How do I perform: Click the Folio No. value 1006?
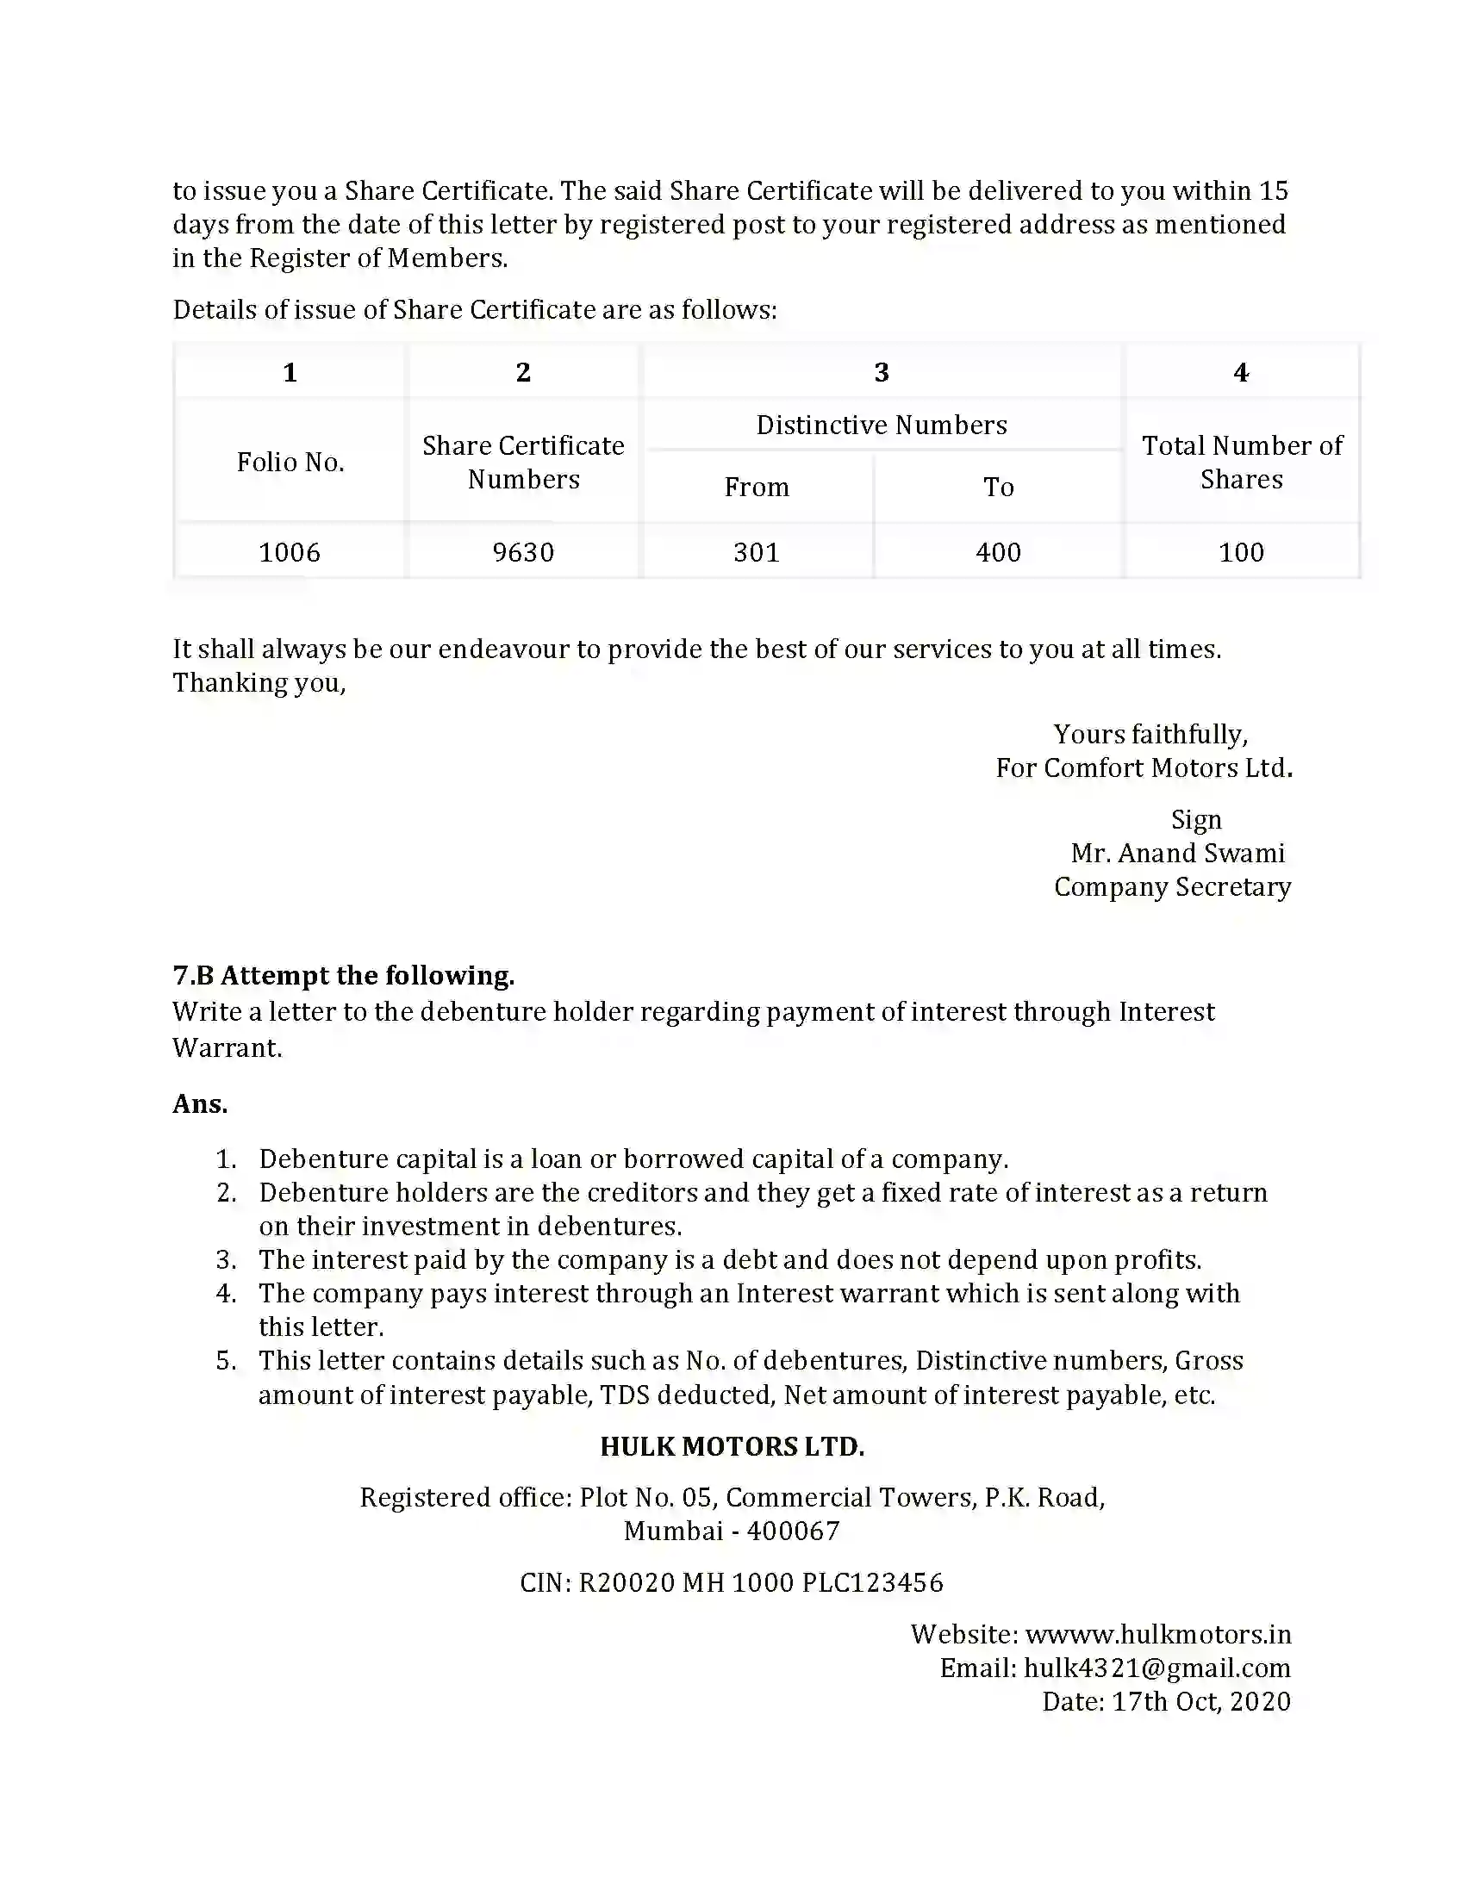(x=290, y=552)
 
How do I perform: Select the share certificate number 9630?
(x=523, y=552)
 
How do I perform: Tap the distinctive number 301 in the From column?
(x=757, y=552)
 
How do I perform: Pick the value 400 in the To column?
(x=998, y=552)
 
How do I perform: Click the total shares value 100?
(x=1241, y=552)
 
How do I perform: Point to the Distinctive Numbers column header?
(x=881, y=426)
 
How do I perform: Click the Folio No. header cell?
(x=290, y=462)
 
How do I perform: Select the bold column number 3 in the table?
(x=881, y=372)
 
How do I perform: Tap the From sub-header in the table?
(x=757, y=487)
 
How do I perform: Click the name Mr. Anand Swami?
(x=1178, y=853)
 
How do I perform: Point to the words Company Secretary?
(x=1173, y=886)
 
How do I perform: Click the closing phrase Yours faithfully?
(x=1150, y=734)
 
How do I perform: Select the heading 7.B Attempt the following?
(x=344, y=975)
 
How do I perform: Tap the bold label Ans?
(x=200, y=1103)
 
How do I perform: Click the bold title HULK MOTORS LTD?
(x=732, y=1446)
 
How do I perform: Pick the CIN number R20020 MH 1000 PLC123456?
(x=760, y=1582)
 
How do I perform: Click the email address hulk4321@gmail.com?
(x=1156, y=1668)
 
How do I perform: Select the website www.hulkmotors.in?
(x=1157, y=1634)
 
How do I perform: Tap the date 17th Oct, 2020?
(x=1201, y=1701)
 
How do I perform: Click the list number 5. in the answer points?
(x=226, y=1360)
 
